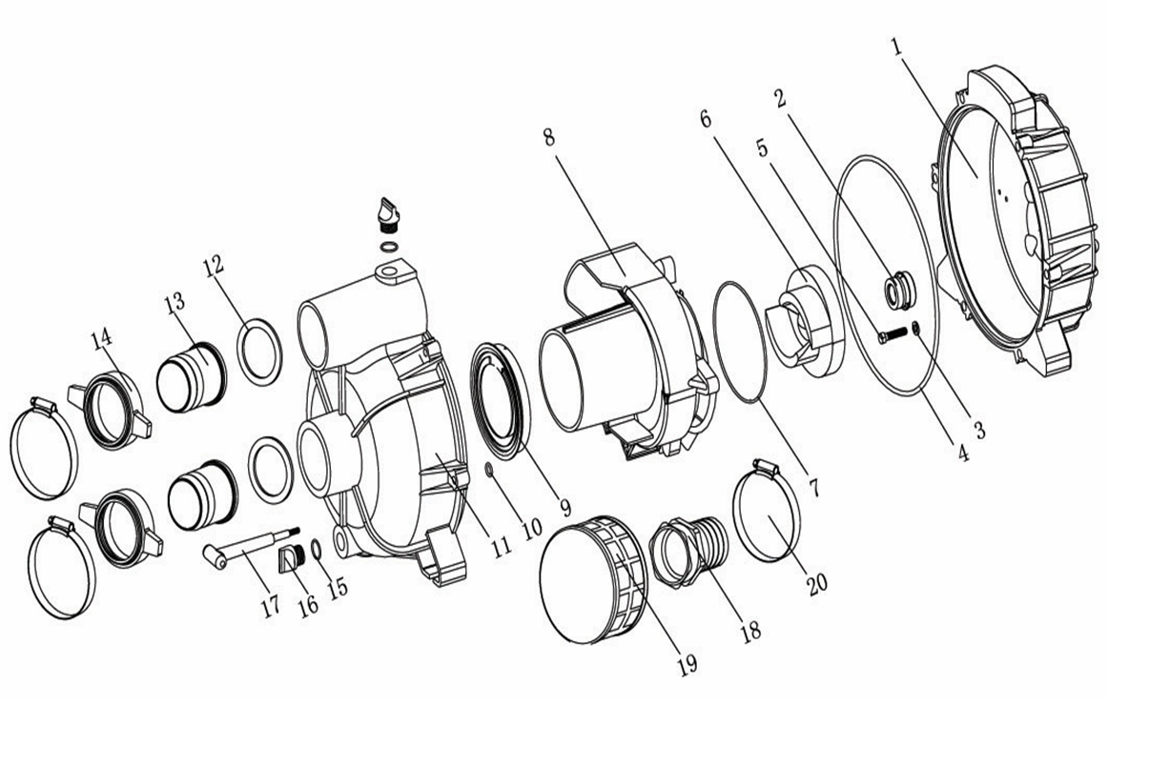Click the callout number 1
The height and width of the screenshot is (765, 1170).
(897, 49)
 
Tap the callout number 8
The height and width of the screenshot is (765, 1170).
(549, 137)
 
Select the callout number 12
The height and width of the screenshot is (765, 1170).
(213, 265)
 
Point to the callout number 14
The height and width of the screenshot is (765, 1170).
(102, 341)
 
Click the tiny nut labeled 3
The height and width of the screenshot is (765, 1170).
(915, 328)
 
